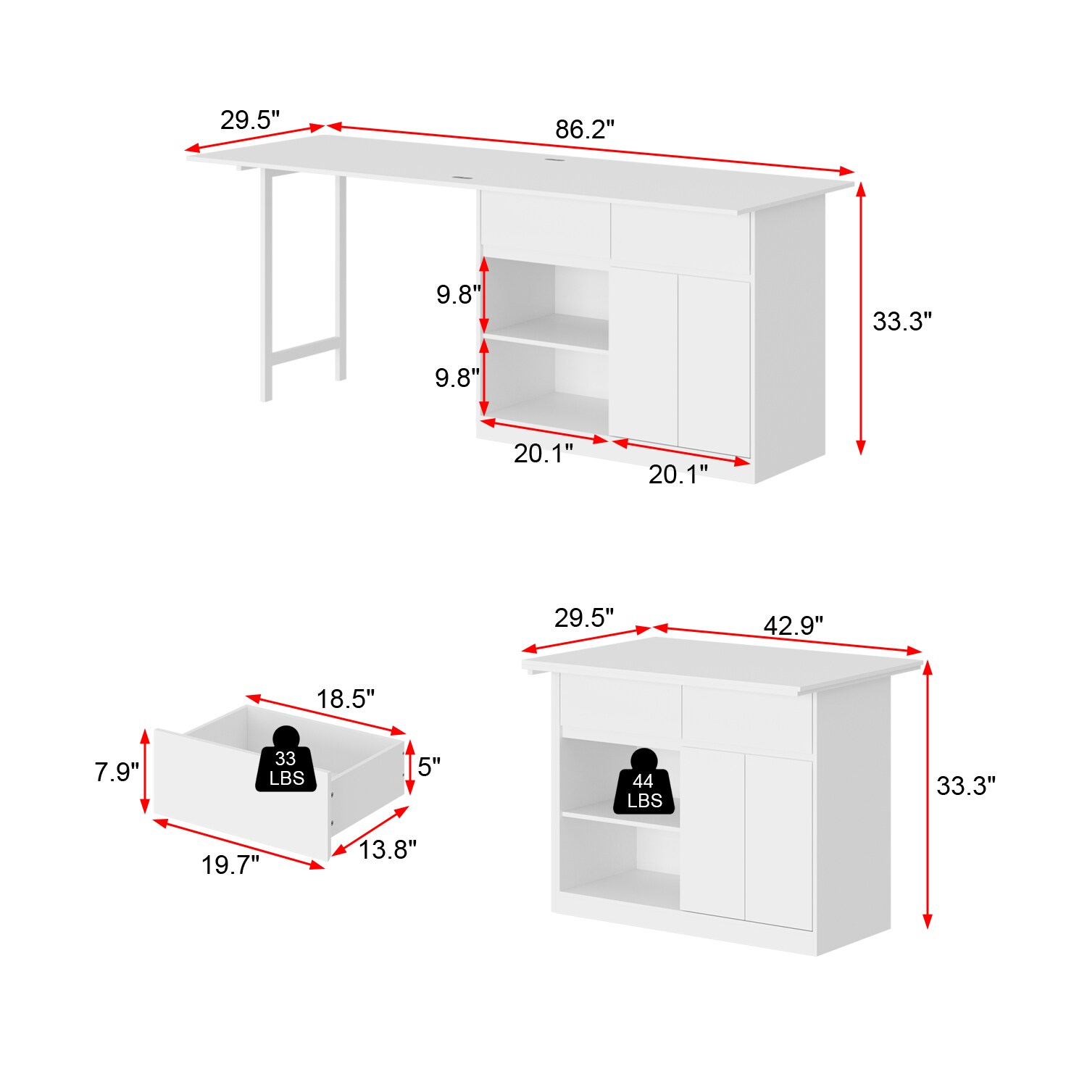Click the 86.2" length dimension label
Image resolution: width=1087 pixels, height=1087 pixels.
click(585, 130)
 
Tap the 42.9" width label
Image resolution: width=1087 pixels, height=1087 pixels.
click(794, 625)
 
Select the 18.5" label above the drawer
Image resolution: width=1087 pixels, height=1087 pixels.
click(345, 699)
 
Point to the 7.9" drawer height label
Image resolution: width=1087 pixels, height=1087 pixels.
click(117, 772)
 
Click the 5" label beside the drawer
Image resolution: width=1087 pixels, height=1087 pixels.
click(429, 767)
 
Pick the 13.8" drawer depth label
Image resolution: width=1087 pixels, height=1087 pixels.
click(388, 849)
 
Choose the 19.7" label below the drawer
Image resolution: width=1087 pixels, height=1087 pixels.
click(230, 865)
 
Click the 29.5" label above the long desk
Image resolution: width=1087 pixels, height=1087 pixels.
click(250, 120)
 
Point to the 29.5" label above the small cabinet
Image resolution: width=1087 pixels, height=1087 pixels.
click(584, 618)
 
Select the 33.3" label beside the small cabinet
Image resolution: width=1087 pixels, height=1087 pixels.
click(966, 786)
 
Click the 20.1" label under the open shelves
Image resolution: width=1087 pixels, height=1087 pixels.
click(543, 454)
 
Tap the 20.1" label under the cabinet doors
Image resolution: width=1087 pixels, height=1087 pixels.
click(678, 475)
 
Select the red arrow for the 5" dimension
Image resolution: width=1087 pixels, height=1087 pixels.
click(409, 767)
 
